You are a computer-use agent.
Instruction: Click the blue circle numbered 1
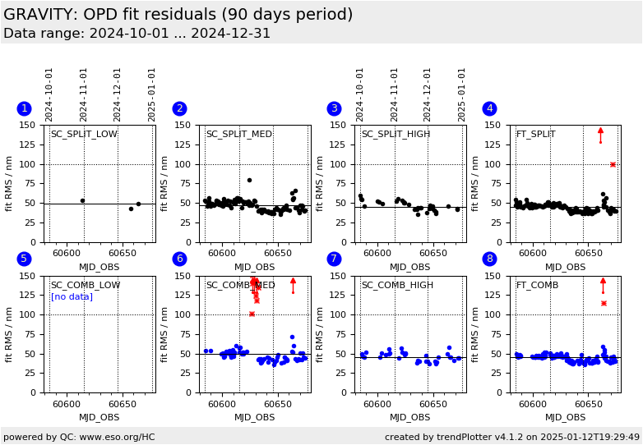tap(24, 108)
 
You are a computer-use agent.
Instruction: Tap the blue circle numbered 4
tap(489, 108)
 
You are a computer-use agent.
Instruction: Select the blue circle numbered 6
tap(179, 259)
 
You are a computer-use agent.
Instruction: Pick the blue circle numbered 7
tap(334, 259)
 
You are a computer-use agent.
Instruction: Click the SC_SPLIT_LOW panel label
tap(84, 135)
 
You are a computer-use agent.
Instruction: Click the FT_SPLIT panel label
tap(535, 135)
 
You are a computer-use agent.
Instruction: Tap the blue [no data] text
tap(72, 296)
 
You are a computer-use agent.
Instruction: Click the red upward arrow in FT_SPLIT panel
tap(600, 134)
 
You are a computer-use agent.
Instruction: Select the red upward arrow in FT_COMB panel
tap(603, 284)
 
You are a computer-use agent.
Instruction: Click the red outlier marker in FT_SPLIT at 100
tap(613, 164)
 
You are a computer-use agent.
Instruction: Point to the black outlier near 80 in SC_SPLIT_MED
tap(249, 180)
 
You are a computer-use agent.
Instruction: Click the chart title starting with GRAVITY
tap(178, 15)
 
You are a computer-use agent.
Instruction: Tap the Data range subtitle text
tap(136, 34)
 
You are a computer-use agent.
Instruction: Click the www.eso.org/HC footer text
tap(78, 437)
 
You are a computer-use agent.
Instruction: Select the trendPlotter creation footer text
tap(512, 437)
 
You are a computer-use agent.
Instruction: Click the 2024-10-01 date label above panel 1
tap(49, 94)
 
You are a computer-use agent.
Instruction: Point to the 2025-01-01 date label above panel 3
tap(462, 94)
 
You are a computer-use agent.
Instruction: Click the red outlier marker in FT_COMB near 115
tap(604, 303)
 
